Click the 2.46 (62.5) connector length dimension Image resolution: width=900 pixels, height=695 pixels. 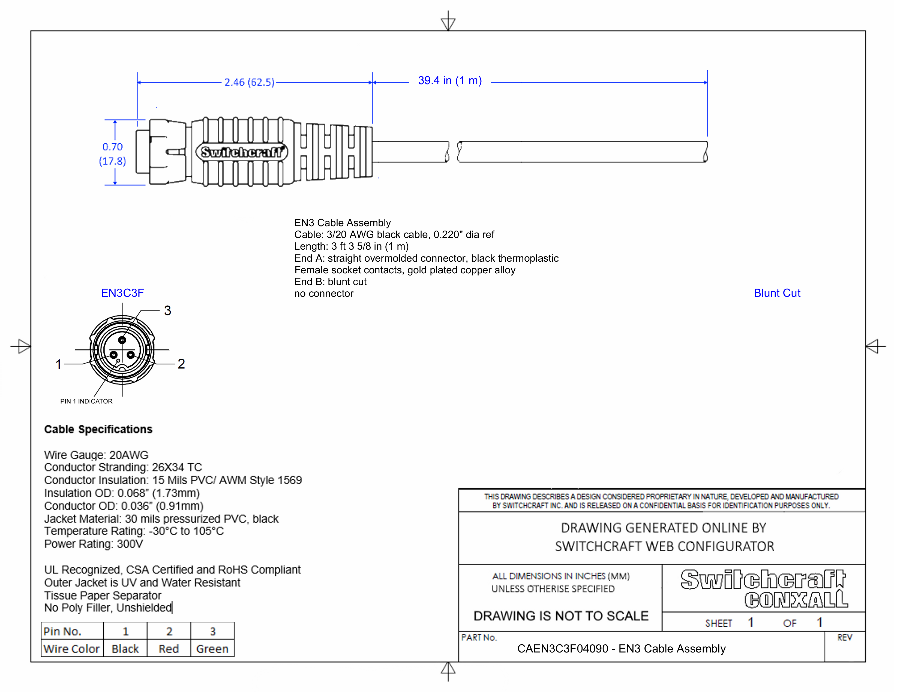[249, 82]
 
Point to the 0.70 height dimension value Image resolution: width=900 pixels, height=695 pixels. [112, 147]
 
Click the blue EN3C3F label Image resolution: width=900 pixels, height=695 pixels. [122, 293]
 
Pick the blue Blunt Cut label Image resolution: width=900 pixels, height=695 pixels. [777, 293]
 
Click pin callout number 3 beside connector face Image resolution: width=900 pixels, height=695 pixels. [167, 310]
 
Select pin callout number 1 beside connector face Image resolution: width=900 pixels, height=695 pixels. [59, 364]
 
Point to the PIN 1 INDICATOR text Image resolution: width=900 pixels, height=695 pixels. [86, 401]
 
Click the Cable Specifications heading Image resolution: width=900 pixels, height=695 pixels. [98, 430]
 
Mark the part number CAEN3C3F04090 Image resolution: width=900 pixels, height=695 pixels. [562, 649]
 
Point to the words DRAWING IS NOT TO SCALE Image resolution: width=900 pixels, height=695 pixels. [561, 616]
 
